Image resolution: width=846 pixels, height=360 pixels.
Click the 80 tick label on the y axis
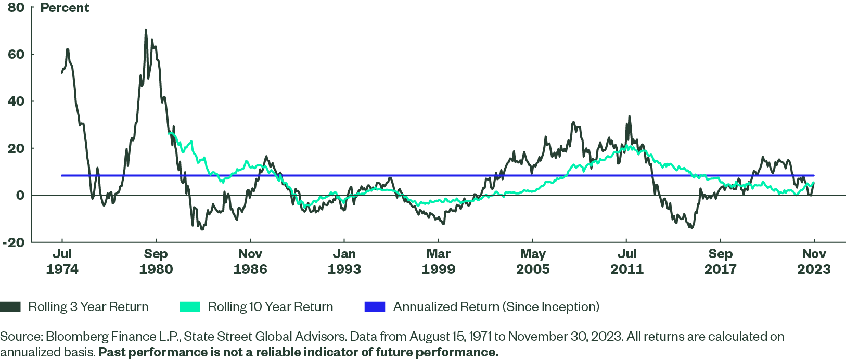16,8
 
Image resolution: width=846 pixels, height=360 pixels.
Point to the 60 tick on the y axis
16,55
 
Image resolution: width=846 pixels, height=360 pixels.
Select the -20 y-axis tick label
14,242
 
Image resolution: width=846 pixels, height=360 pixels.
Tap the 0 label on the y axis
20,196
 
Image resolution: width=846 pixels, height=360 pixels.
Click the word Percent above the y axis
65,8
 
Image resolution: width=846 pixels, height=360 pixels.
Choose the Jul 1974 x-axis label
62,261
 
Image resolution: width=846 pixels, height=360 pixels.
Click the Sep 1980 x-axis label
156,261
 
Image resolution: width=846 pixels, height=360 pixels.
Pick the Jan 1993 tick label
344,261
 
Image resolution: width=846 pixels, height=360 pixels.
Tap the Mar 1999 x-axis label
438,261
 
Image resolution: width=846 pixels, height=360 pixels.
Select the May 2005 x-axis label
532,261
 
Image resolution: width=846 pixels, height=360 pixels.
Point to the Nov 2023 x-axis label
814,261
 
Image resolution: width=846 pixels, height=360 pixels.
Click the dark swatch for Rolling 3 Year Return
10,307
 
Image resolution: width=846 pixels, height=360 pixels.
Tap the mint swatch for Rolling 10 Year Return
189,307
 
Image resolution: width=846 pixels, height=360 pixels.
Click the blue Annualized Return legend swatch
375,307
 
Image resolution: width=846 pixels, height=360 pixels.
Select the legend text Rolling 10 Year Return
271,307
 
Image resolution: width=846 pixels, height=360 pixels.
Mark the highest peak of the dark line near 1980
146,30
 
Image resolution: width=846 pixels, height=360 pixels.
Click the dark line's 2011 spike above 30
629,117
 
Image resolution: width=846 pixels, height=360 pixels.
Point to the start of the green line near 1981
169,133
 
